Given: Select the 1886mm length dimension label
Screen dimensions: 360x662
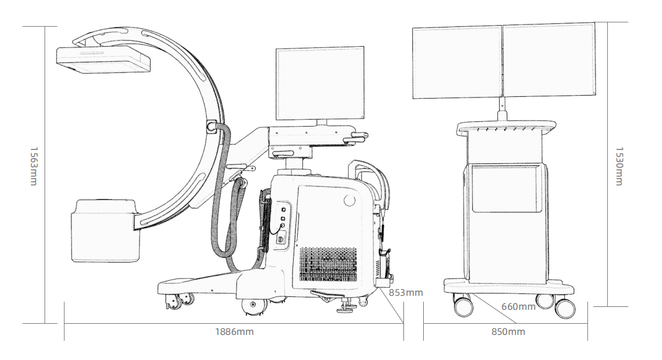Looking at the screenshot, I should (x=234, y=332).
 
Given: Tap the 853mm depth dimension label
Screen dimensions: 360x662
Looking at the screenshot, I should (x=406, y=292).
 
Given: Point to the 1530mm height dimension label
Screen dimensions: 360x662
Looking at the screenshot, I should (x=619, y=166).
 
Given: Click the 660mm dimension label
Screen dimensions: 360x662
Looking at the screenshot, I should (x=518, y=307).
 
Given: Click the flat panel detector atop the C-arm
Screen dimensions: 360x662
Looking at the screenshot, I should (x=103, y=60).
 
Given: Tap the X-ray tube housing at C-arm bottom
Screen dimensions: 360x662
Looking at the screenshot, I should (x=105, y=229).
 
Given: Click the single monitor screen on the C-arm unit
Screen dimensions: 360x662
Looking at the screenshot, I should (x=320, y=84).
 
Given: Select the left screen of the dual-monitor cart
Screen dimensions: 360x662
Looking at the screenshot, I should (x=457, y=62).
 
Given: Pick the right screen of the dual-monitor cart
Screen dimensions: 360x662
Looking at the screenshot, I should (x=549, y=60).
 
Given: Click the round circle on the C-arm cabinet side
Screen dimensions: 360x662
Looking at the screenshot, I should (x=349, y=201).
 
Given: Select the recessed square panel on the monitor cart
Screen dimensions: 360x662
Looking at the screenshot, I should (x=506, y=188).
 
